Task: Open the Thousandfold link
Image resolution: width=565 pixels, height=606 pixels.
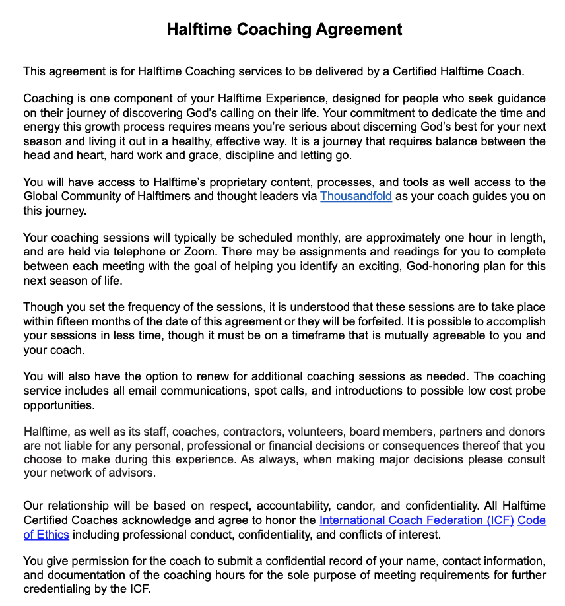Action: point(356,196)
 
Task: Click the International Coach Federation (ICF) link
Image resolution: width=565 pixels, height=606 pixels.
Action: point(416,520)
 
